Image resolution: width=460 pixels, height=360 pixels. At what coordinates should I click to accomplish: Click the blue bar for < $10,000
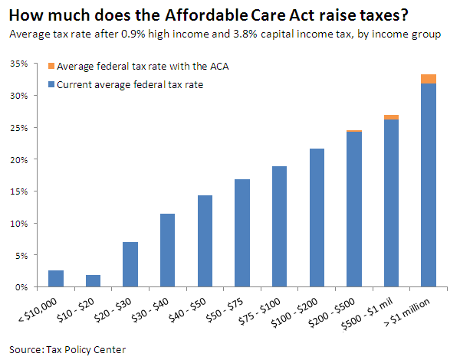point(56,278)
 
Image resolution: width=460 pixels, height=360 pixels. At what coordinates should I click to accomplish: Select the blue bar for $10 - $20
point(93,280)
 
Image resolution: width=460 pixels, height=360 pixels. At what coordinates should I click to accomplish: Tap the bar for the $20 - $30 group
point(130,264)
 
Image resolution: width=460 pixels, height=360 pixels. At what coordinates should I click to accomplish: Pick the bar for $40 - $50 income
point(205,241)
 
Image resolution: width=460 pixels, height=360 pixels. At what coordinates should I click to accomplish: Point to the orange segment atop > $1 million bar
point(428,79)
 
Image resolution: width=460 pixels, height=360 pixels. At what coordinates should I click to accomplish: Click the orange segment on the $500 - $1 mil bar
point(391,116)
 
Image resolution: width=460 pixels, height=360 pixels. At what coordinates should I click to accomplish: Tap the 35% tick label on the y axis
point(20,64)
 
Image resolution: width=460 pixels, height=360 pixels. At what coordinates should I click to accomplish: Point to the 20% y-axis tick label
point(20,159)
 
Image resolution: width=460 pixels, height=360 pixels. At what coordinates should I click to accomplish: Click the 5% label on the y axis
point(23,255)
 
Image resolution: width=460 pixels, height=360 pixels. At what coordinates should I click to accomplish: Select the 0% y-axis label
point(23,287)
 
